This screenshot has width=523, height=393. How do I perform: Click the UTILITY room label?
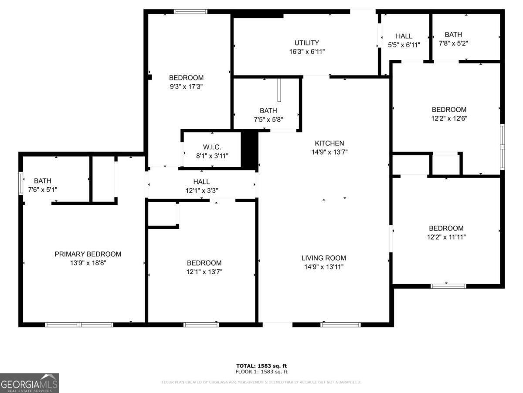pos(307,43)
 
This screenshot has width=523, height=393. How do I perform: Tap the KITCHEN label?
pos(329,143)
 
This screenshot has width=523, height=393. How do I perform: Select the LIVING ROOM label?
pos(323,258)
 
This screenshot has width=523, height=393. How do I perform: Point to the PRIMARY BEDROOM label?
pos(88,254)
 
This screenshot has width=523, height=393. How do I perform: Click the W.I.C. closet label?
pos(212,147)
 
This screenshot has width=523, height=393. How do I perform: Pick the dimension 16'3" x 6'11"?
pos(307,52)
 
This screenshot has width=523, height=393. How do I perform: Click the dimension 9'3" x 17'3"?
pos(186,86)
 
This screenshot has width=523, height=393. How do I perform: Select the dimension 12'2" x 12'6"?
pos(449,118)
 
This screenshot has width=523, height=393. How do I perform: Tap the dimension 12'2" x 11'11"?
pos(446,237)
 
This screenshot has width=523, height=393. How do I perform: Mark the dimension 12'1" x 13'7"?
pos(204,272)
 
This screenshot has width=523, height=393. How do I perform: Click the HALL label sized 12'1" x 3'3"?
pos(201,182)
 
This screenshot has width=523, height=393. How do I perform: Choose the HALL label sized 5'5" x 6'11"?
pos(404,36)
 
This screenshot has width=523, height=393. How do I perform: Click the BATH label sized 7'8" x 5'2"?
pos(453,34)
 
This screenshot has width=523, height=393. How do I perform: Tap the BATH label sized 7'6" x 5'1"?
pos(43,181)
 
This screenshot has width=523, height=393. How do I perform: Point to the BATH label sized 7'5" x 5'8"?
pos(268,111)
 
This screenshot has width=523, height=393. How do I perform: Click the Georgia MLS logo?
pos(29,383)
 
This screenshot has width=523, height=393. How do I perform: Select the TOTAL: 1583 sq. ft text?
pos(261,366)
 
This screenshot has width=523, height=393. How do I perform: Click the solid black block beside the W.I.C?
pos(250,149)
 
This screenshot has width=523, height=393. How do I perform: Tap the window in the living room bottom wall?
pos(340,324)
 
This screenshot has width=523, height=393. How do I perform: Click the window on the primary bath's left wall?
pos(20,183)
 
